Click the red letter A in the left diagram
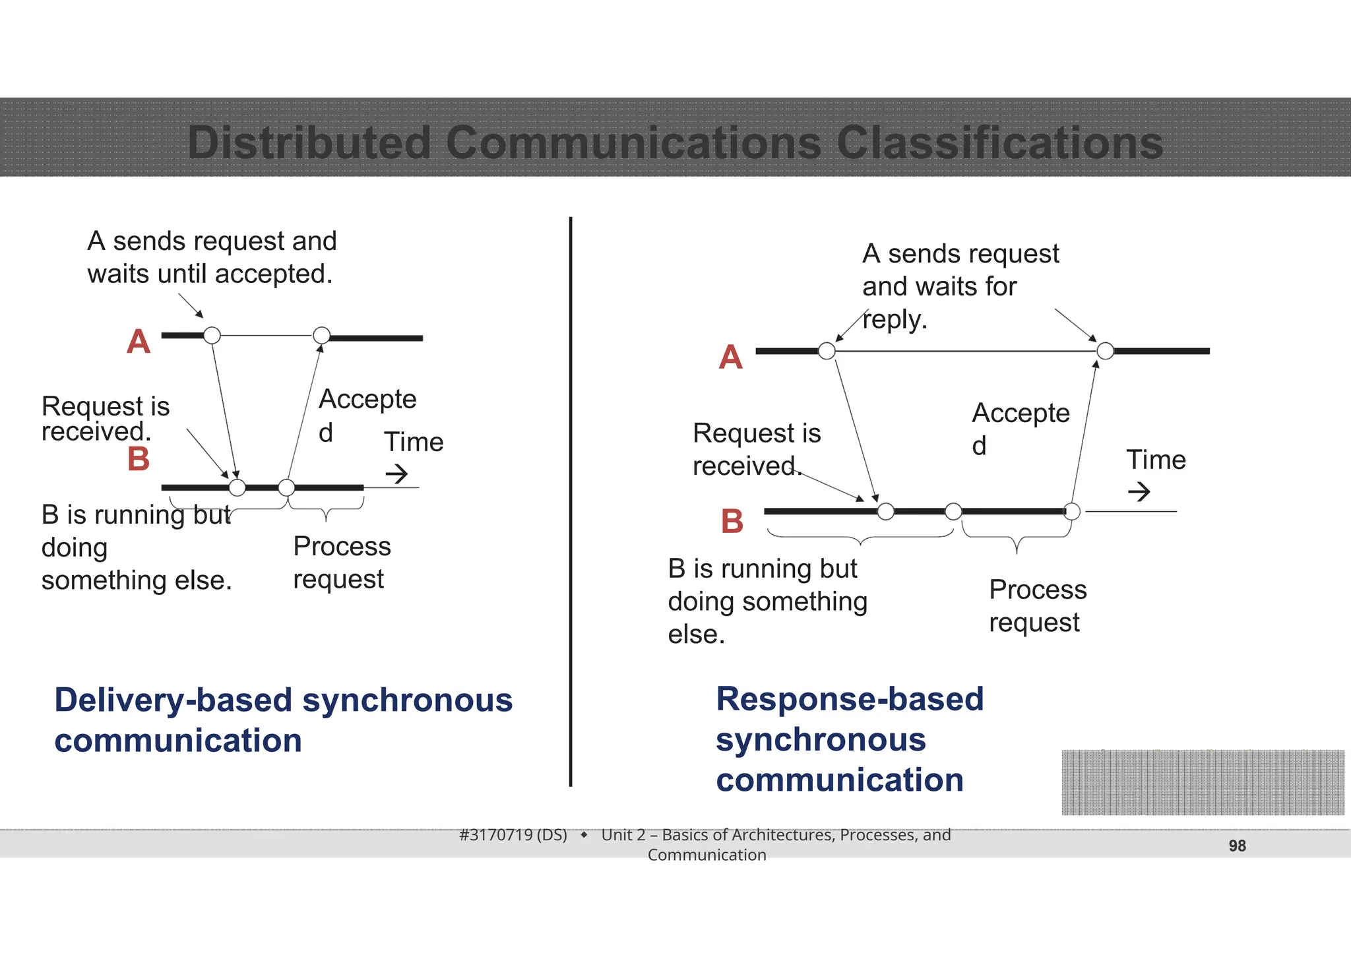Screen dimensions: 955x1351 pos(139,342)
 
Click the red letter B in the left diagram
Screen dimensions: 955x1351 pos(139,459)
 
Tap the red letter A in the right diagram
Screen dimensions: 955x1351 pos(730,357)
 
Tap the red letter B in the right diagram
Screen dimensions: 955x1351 pos(732,521)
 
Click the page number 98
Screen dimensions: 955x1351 pos(1237,846)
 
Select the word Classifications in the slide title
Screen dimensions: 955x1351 pos(999,143)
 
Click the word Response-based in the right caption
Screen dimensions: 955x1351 pos(850,699)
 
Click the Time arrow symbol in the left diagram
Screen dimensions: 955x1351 pos(396,474)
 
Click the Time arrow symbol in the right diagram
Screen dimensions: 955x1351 pos(1139,491)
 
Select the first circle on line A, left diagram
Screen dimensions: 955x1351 pos(212,335)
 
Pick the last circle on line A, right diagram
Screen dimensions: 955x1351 pos(1105,351)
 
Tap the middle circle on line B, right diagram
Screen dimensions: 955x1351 pos(953,511)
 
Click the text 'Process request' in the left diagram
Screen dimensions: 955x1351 pos(342,563)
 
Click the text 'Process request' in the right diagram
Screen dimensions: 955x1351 pos(1038,605)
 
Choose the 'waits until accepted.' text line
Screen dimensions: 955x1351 pos(210,274)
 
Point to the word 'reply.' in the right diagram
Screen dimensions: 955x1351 pos(895,320)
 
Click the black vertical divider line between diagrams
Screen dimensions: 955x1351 pos(571,501)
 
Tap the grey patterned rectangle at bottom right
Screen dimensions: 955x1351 pos(1203,782)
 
